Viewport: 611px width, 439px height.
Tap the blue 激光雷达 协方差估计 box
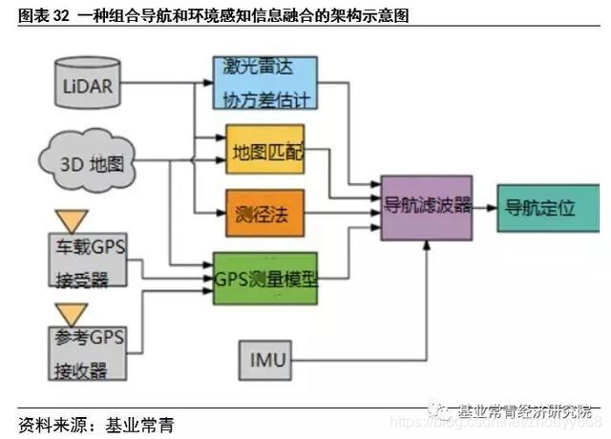(264, 81)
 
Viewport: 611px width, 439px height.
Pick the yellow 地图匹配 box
(264, 150)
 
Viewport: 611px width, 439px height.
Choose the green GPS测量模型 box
(264, 278)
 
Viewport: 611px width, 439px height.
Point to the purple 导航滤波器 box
(426, 206)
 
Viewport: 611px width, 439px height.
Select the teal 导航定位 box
(539, 206)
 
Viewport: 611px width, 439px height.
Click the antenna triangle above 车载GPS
(72, 220)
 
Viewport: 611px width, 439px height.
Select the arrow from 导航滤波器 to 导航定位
(484, 207)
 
